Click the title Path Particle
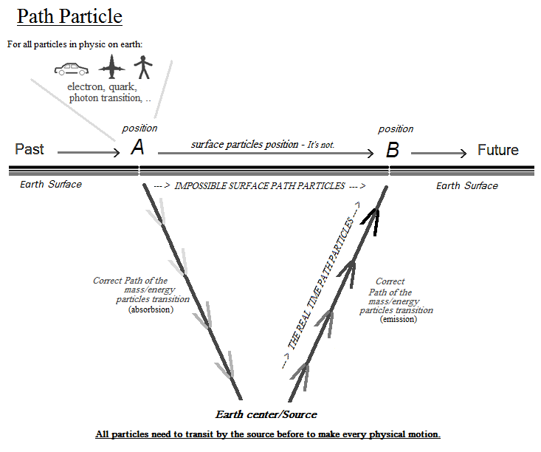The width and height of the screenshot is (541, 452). click(69, 16)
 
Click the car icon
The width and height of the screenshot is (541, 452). click(72, 69)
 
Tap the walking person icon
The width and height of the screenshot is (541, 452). click(144, 69)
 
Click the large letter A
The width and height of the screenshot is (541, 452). click(137, 148)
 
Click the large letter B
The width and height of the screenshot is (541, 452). click(393, 151)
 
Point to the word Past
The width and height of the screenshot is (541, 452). click(30, 149)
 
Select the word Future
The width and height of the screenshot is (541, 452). click(497, 150)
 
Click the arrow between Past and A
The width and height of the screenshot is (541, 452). click(88, 153)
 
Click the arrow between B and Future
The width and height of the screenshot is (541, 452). click(438, 153)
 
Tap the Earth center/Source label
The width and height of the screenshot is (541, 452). click(266, 414)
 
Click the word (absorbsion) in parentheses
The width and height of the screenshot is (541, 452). click(151, 309)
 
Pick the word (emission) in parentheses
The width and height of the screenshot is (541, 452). click(399, 319)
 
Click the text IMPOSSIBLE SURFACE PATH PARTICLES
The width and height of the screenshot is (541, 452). click(259, 186)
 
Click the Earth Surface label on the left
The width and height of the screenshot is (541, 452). click(51, 184)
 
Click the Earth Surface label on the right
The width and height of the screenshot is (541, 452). click(466, 185)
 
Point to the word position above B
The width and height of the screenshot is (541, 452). click(396, 129)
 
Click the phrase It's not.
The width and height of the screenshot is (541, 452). click(320, 145)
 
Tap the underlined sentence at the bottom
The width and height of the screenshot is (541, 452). click(267, 434)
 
